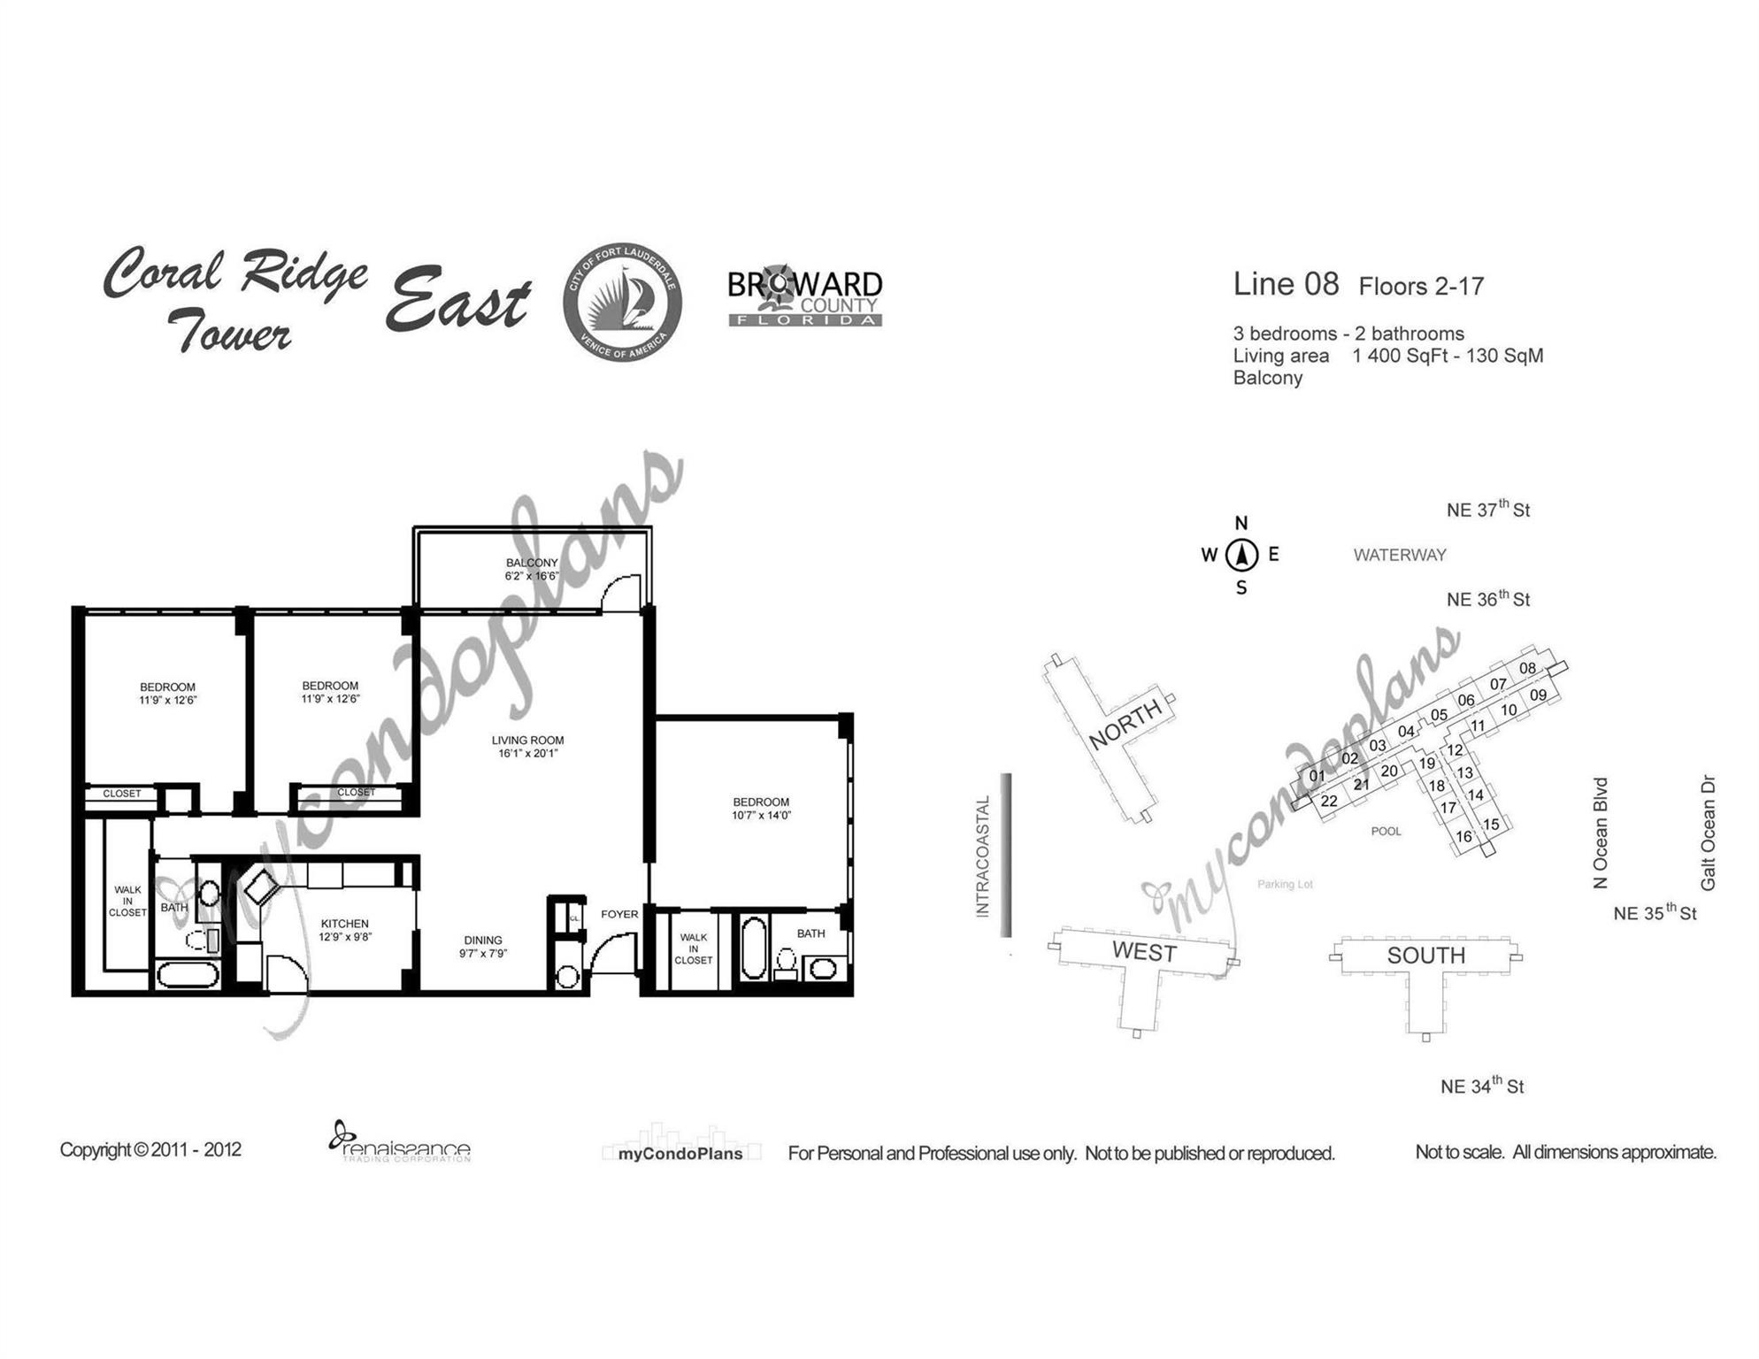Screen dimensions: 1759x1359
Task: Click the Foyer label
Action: pos(619,914)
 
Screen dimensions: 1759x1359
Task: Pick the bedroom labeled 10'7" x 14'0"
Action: pos(761,809)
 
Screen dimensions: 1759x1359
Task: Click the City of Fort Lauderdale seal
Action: pos(623,302)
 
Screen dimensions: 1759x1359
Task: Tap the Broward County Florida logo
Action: pos(805,296)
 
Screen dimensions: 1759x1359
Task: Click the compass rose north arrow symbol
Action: pos(1242,555)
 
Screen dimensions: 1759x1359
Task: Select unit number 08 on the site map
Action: pos(1528,668)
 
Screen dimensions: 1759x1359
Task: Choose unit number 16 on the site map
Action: pos(1464,836)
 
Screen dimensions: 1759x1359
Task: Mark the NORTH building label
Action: pos(1125,725)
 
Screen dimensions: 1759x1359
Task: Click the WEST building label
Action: pos(1144,951)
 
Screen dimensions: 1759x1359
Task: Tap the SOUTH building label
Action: pos(1426,956)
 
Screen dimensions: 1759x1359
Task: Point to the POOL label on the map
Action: pos(1386,831)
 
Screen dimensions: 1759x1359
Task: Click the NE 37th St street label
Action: pos(1488,509)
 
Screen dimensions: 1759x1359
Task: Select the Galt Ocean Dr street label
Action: pos(1708,833)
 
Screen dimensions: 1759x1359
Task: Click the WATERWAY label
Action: pos(1400,555)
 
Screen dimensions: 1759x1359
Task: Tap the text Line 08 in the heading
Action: pos(1286,284)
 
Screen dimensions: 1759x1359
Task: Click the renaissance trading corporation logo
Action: pos(400,1142)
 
